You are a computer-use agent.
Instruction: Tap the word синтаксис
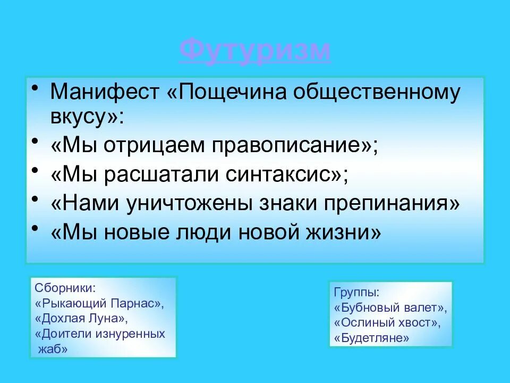click(284, 175)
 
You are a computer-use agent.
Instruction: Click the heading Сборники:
click(65, 288)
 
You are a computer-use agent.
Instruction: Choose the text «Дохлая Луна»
click(82, 319)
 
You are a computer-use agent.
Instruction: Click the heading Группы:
click(356, 293)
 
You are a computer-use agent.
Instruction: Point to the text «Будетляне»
click(372, 338)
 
